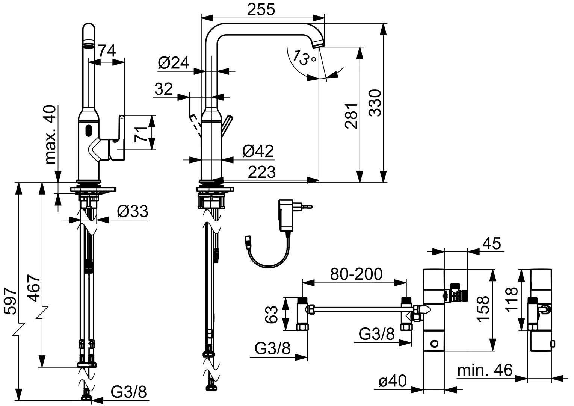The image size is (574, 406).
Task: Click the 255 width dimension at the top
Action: coord(261,10)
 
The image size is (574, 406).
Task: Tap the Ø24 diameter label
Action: coord(173,63)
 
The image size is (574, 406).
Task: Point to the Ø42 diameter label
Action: coord(258,151)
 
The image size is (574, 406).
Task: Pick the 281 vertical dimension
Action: coord(352,116)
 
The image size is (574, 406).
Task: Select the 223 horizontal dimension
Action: coord(261,172)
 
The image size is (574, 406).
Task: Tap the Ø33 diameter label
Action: coord(132,212)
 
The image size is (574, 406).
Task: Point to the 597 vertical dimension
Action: coord(11,301)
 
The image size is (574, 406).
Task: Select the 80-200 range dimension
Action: coord(356,274)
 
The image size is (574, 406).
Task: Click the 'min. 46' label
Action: coord(485,370)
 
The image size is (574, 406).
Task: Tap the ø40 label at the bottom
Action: coord(393,382)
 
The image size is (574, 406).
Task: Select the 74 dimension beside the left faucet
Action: coord(107,50)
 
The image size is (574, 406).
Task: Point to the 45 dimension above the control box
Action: coord(491,244)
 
